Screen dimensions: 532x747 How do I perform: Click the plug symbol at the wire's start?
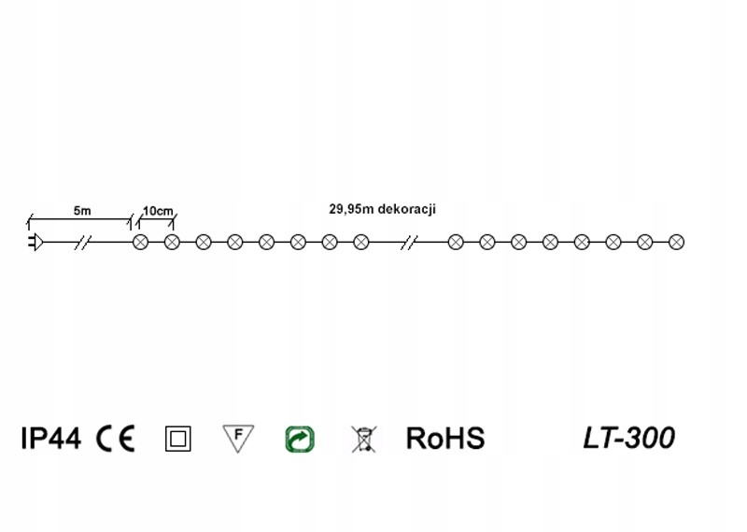pos(34,243)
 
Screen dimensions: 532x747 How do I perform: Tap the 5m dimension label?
pos(82,211)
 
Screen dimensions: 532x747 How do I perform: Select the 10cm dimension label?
pos(157,211)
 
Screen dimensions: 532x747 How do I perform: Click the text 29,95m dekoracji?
pos(383,210)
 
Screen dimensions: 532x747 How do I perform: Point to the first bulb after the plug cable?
pos(141,243)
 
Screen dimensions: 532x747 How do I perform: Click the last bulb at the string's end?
pos(676,243)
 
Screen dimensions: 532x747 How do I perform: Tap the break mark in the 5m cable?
pos(83,243)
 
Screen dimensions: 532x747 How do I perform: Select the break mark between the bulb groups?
pos(409,243)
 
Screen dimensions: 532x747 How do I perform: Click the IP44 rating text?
pos(50,438)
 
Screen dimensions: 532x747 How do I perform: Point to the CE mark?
pos(116,438)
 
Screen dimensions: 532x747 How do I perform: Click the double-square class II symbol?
pos(177,439)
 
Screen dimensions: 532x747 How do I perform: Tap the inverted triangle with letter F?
pos(238,437)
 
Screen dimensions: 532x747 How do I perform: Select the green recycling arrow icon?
pos(300,439)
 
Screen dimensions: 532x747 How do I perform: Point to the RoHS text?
pos(445,438)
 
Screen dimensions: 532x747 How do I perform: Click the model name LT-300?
pos(628,437)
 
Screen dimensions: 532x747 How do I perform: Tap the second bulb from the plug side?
pos(172,243)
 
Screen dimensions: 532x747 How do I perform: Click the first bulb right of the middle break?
pos(456,243)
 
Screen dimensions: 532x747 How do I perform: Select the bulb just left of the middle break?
pos(360,243)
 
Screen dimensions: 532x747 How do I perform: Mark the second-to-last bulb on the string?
pos(644,243)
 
